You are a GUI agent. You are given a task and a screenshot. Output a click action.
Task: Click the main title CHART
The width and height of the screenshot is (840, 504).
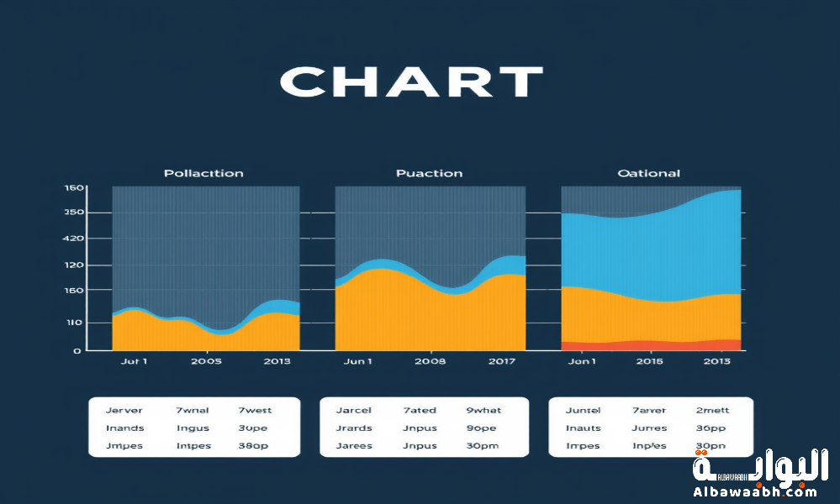(x=410, y=82)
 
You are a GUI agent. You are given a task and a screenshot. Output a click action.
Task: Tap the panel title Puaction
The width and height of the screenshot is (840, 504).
(x=429, y=173)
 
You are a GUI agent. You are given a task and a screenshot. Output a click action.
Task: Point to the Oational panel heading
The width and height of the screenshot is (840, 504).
(x=648, y=173)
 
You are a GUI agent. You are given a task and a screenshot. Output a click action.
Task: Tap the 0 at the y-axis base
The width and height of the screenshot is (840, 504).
(x=77, y=350)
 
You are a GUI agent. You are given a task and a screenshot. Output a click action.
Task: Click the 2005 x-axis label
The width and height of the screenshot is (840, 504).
(x=206, y=361)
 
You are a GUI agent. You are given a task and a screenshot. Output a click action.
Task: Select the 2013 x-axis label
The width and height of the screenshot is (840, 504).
(x=277, y=361)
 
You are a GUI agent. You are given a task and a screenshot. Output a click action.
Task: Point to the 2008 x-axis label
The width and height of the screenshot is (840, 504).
(x=431, y=361)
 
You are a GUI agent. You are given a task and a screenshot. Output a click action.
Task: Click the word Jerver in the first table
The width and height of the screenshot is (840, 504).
(x=124, y=411)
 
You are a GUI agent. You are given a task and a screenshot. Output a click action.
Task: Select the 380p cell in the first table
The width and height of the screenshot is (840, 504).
(x=255, y=446)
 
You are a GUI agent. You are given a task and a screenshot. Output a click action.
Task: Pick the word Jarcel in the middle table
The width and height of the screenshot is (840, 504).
(x=354, y=411)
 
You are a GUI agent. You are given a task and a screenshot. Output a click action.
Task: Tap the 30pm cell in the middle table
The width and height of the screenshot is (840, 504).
(x=483, y=446)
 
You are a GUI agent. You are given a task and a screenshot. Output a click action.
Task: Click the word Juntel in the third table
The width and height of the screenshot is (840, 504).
(x=584, y=411)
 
